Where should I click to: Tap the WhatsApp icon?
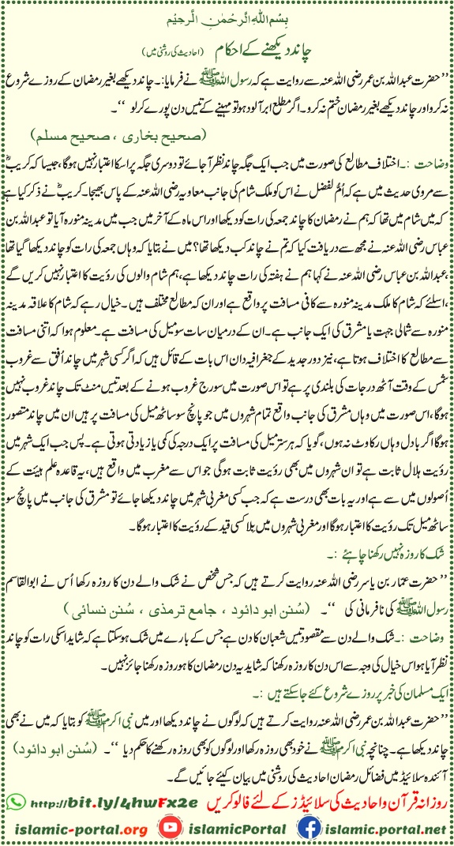point(13,806)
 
